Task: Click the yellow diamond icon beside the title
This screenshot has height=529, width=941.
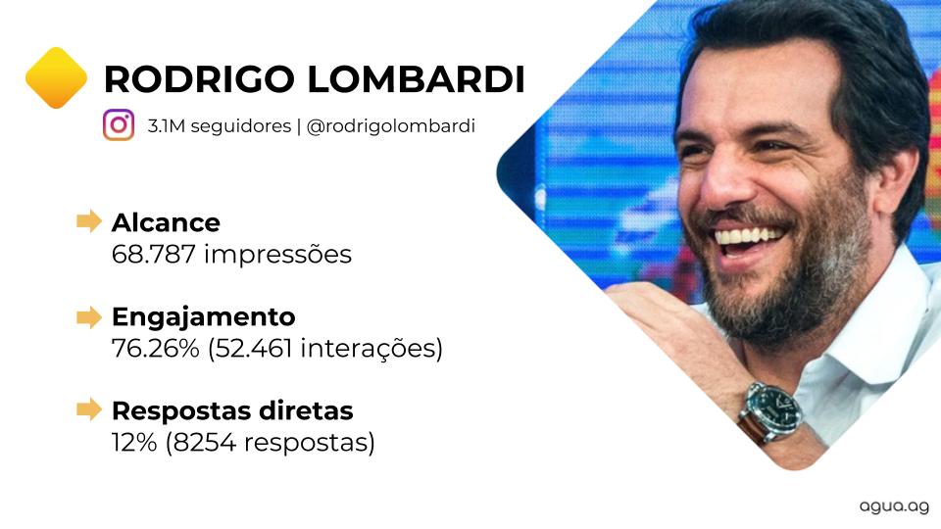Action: (x=57, y=78)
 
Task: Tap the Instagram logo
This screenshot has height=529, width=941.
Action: (x=119, y=124)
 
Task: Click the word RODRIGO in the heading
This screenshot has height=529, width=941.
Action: (x=199, y=79)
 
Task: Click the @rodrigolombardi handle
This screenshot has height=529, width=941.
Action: (x=391, y=126)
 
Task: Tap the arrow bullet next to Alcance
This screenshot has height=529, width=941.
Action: (x=89, y=221)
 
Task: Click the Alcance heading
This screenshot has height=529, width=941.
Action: (x=166, y=222)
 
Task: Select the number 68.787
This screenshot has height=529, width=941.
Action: (x=154, y=255)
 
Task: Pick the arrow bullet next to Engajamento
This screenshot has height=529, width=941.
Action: (x=89, y=316)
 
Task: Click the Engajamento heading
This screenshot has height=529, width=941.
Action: (x=204, y=317)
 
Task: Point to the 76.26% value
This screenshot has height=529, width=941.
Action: (x=156, y=348)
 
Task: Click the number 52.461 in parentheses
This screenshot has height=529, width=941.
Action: (x=253, y=348)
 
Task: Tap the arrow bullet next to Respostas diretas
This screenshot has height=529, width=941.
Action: (x=89, y=409)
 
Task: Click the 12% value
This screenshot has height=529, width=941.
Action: (x=134, y=443)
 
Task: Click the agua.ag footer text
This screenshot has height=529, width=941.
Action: (x=894, y=506)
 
